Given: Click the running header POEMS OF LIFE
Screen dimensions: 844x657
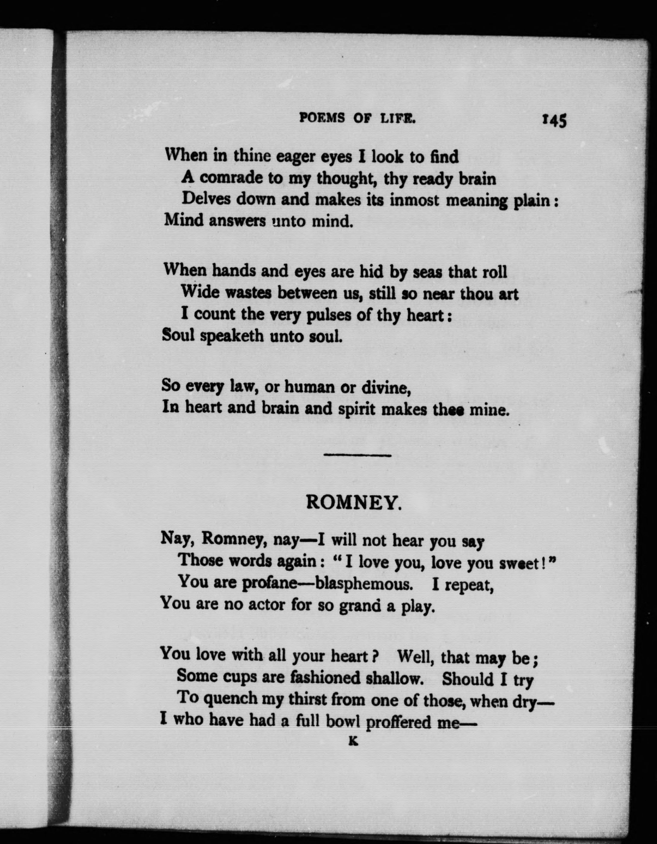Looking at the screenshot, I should click(357, 118).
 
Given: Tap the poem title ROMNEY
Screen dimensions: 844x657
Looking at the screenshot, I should click(354, 503).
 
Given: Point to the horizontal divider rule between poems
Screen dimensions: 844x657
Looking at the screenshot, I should click(357, 455).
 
